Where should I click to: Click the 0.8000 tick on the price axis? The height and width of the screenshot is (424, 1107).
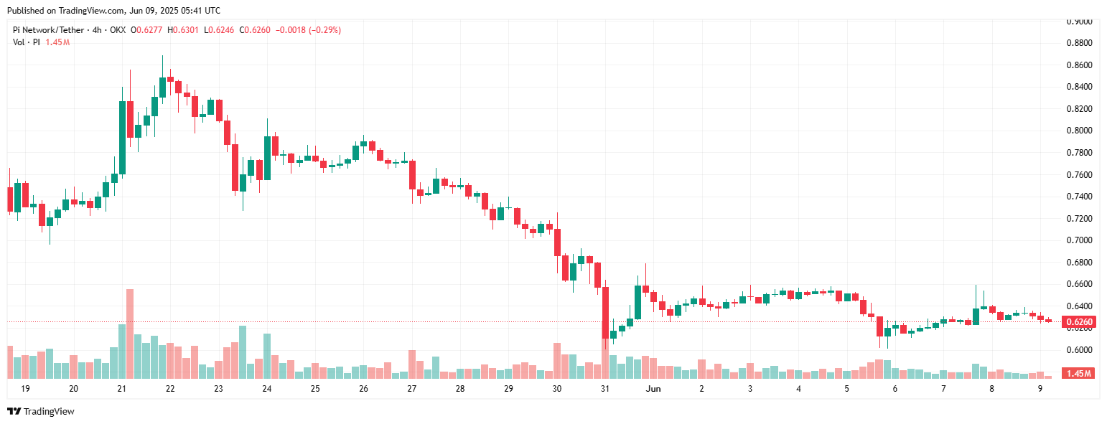click(x=1079, y=131)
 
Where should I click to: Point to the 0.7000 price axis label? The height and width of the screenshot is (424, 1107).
click(x=1079, y=240)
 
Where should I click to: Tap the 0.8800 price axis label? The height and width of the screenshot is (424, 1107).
click(x=1079, y=43)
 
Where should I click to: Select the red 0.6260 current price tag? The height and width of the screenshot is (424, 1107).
click(x=1079, y=322)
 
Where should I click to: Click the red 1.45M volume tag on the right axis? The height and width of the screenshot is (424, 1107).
click(x=1079, y=374)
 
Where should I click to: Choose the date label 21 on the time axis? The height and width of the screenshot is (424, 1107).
click(x=121, y=389)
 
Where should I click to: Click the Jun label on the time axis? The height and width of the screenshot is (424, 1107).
click(x=653, y=389)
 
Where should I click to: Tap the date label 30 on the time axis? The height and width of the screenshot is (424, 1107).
click(x=557, y=389)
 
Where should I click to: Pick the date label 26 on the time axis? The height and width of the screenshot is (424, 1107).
click(x=363, y=389)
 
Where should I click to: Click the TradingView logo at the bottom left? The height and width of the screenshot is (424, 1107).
click(x=41, y=411)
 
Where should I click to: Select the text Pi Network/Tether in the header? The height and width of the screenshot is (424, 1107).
click(x=47, y=30)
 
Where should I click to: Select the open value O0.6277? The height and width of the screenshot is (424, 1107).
click(x=146, y=30)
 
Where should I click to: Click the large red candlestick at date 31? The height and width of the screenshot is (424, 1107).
click(x=605, y=313)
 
